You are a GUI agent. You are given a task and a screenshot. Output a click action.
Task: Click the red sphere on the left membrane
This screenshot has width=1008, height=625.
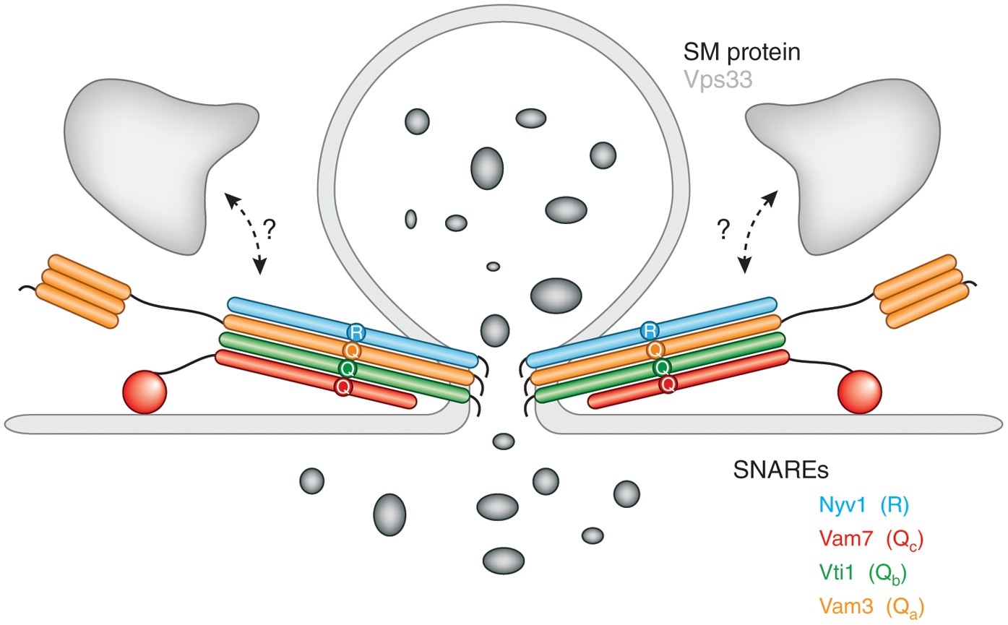coord(145,392)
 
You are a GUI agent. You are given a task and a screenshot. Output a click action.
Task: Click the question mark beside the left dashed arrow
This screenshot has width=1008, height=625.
coord(270,230)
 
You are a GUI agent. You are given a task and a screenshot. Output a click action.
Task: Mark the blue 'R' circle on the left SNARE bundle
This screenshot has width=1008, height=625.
coord(356,332)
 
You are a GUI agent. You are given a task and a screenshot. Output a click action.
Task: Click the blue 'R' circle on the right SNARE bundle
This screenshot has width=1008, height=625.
coord(650,332)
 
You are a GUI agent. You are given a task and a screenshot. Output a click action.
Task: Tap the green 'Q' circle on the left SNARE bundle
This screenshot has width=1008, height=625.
coord(350,368)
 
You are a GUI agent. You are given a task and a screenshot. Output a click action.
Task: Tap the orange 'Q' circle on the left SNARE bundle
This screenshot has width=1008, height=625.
coord(353,350)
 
